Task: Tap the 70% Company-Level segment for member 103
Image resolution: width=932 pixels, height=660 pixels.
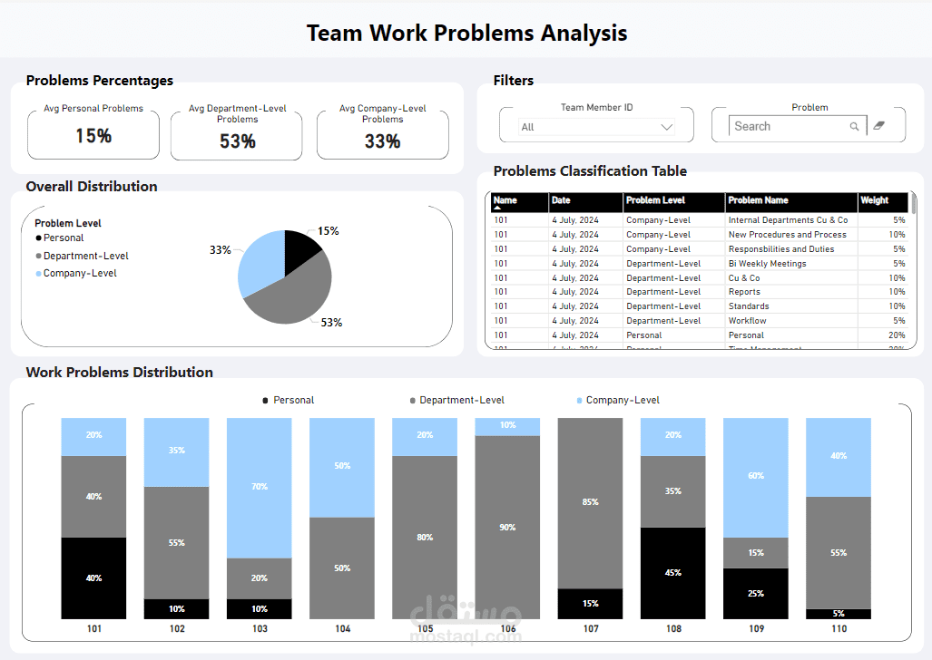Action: click(x=260, y=487)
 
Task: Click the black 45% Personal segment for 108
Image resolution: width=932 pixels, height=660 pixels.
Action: click(x=672, y=573)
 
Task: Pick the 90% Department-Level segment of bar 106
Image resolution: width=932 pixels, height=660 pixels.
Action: click(x=507, y=527)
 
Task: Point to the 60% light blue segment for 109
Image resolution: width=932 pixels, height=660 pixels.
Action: click(x=755, y=477)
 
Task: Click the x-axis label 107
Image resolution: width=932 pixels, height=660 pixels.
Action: click(x=590, y=628)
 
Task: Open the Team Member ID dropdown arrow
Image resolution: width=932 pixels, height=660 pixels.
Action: click(x=667, y=127)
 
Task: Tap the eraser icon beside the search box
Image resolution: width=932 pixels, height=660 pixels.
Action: click(x=878, y=126)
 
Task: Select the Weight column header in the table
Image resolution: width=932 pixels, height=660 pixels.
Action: click(x=876, y=200)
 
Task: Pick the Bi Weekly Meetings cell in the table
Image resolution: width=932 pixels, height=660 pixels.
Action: click(x=768, y=264)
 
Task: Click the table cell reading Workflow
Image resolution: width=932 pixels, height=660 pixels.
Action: click(x=748, y=321)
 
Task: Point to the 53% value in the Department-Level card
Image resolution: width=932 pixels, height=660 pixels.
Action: click(x=237, y=141)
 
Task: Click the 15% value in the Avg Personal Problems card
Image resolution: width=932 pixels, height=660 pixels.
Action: click(x=93, y=136)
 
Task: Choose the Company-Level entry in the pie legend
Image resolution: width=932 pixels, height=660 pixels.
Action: click(x=80, y=273)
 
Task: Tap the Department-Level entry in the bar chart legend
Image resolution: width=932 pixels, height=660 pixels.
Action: click(x=461, y=400)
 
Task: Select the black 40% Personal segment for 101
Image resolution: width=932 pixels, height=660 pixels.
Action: click(x=93, y=577)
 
